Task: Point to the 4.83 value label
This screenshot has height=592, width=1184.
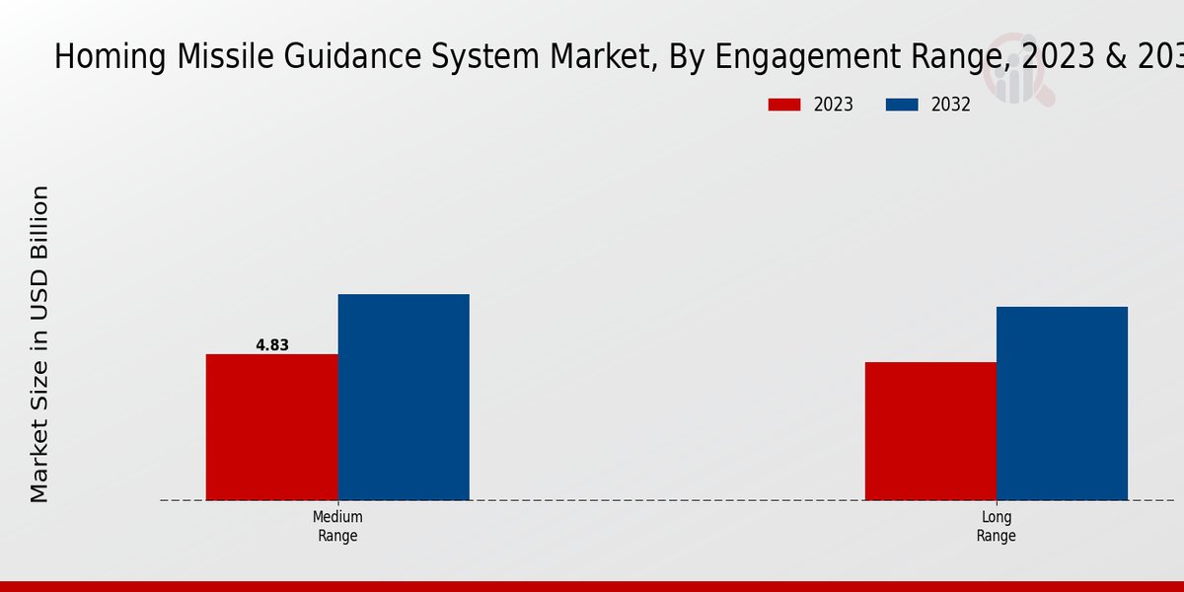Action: pos(272,345)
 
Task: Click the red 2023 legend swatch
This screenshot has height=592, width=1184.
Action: pos(784,105)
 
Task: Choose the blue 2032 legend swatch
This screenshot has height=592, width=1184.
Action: pos(902,105)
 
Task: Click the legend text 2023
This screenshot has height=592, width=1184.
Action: pos(834,105)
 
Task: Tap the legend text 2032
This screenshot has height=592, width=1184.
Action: pos(951,105)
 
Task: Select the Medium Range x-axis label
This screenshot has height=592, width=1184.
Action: pos(337,526)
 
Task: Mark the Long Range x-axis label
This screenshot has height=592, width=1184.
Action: pos(996,526)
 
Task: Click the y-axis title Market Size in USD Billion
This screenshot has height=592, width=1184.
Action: pos(39,343)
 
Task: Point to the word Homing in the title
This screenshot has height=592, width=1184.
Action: pos(110,57)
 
